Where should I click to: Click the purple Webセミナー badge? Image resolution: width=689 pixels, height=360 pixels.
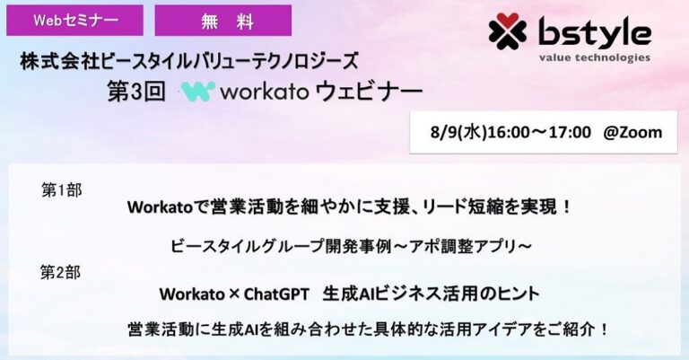pos(74,21)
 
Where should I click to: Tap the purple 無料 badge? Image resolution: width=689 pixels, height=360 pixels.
pos(223,21)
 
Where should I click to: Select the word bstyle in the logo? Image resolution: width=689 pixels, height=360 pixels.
pos(595,32)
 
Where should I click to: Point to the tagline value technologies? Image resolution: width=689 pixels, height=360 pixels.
pos(595,58)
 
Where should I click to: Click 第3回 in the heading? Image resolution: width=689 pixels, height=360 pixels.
pos(136,92)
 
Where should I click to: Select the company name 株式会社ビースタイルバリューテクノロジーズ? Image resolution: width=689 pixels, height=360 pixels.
pos(189,61)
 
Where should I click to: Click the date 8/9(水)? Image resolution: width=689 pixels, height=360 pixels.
pos(459,132)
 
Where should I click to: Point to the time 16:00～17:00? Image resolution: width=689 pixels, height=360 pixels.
pos(539,132)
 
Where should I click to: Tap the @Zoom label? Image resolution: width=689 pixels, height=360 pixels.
pos(632,132)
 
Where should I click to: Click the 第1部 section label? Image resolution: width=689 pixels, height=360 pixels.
pos(62,190)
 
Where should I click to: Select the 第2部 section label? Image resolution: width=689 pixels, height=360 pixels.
pos(61,273)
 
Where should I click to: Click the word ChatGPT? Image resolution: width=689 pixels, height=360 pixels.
pos(276,294)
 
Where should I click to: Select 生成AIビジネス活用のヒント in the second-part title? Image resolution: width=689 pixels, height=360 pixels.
pos(431,294)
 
